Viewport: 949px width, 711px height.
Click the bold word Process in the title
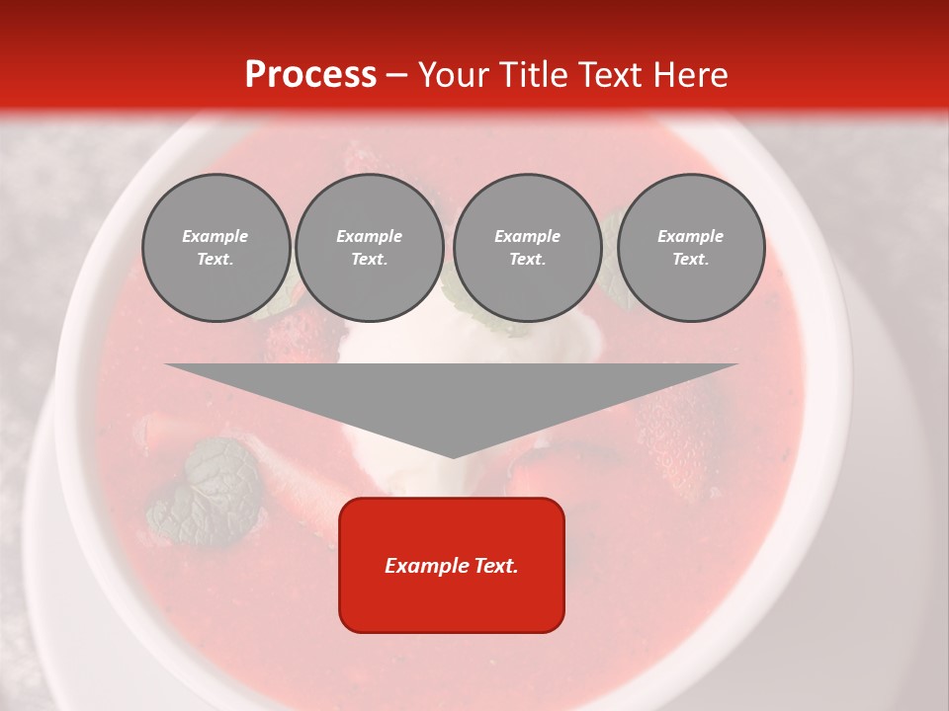point(310,75)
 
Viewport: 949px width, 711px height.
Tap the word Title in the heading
point(537,75)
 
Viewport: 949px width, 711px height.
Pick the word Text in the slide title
point(610,75)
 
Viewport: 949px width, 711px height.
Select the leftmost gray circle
point(216,248)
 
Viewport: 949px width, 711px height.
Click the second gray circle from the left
point(370,248)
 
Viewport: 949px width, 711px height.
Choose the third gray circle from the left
point(527,248)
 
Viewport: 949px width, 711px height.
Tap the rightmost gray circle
point(691,248)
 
